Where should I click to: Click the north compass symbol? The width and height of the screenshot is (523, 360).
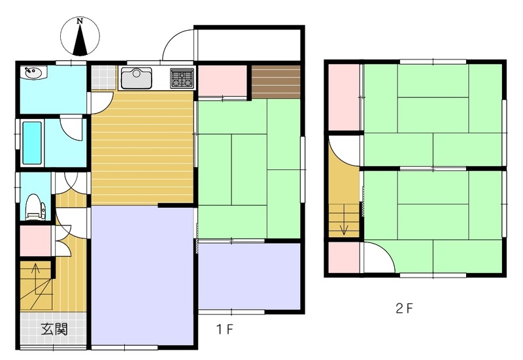pos(80,36)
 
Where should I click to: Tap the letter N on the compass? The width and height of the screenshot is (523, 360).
pos(80,22)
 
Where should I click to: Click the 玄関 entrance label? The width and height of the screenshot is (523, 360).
pos(55,329)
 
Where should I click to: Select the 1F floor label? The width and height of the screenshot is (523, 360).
pos(224,330)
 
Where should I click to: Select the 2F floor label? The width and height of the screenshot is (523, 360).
pos(404,308)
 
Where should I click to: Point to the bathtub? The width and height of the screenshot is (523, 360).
pos(32,142)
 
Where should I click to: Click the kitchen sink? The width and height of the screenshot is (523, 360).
pos(136,78)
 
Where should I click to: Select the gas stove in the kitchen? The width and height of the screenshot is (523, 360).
pos(182,78)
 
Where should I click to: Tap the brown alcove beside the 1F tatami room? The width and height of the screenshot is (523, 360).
pos(276,82)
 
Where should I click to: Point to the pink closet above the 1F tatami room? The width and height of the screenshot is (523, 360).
pos(222,81)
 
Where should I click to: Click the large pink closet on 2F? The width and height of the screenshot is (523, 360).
pos(345,97)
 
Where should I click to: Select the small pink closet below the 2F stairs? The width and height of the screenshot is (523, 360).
pos(345,257)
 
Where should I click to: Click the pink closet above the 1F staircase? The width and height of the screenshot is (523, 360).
pos(36,241)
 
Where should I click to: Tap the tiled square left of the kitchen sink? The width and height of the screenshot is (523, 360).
pos(104,77)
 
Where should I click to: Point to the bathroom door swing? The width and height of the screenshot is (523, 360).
pos(71,128)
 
